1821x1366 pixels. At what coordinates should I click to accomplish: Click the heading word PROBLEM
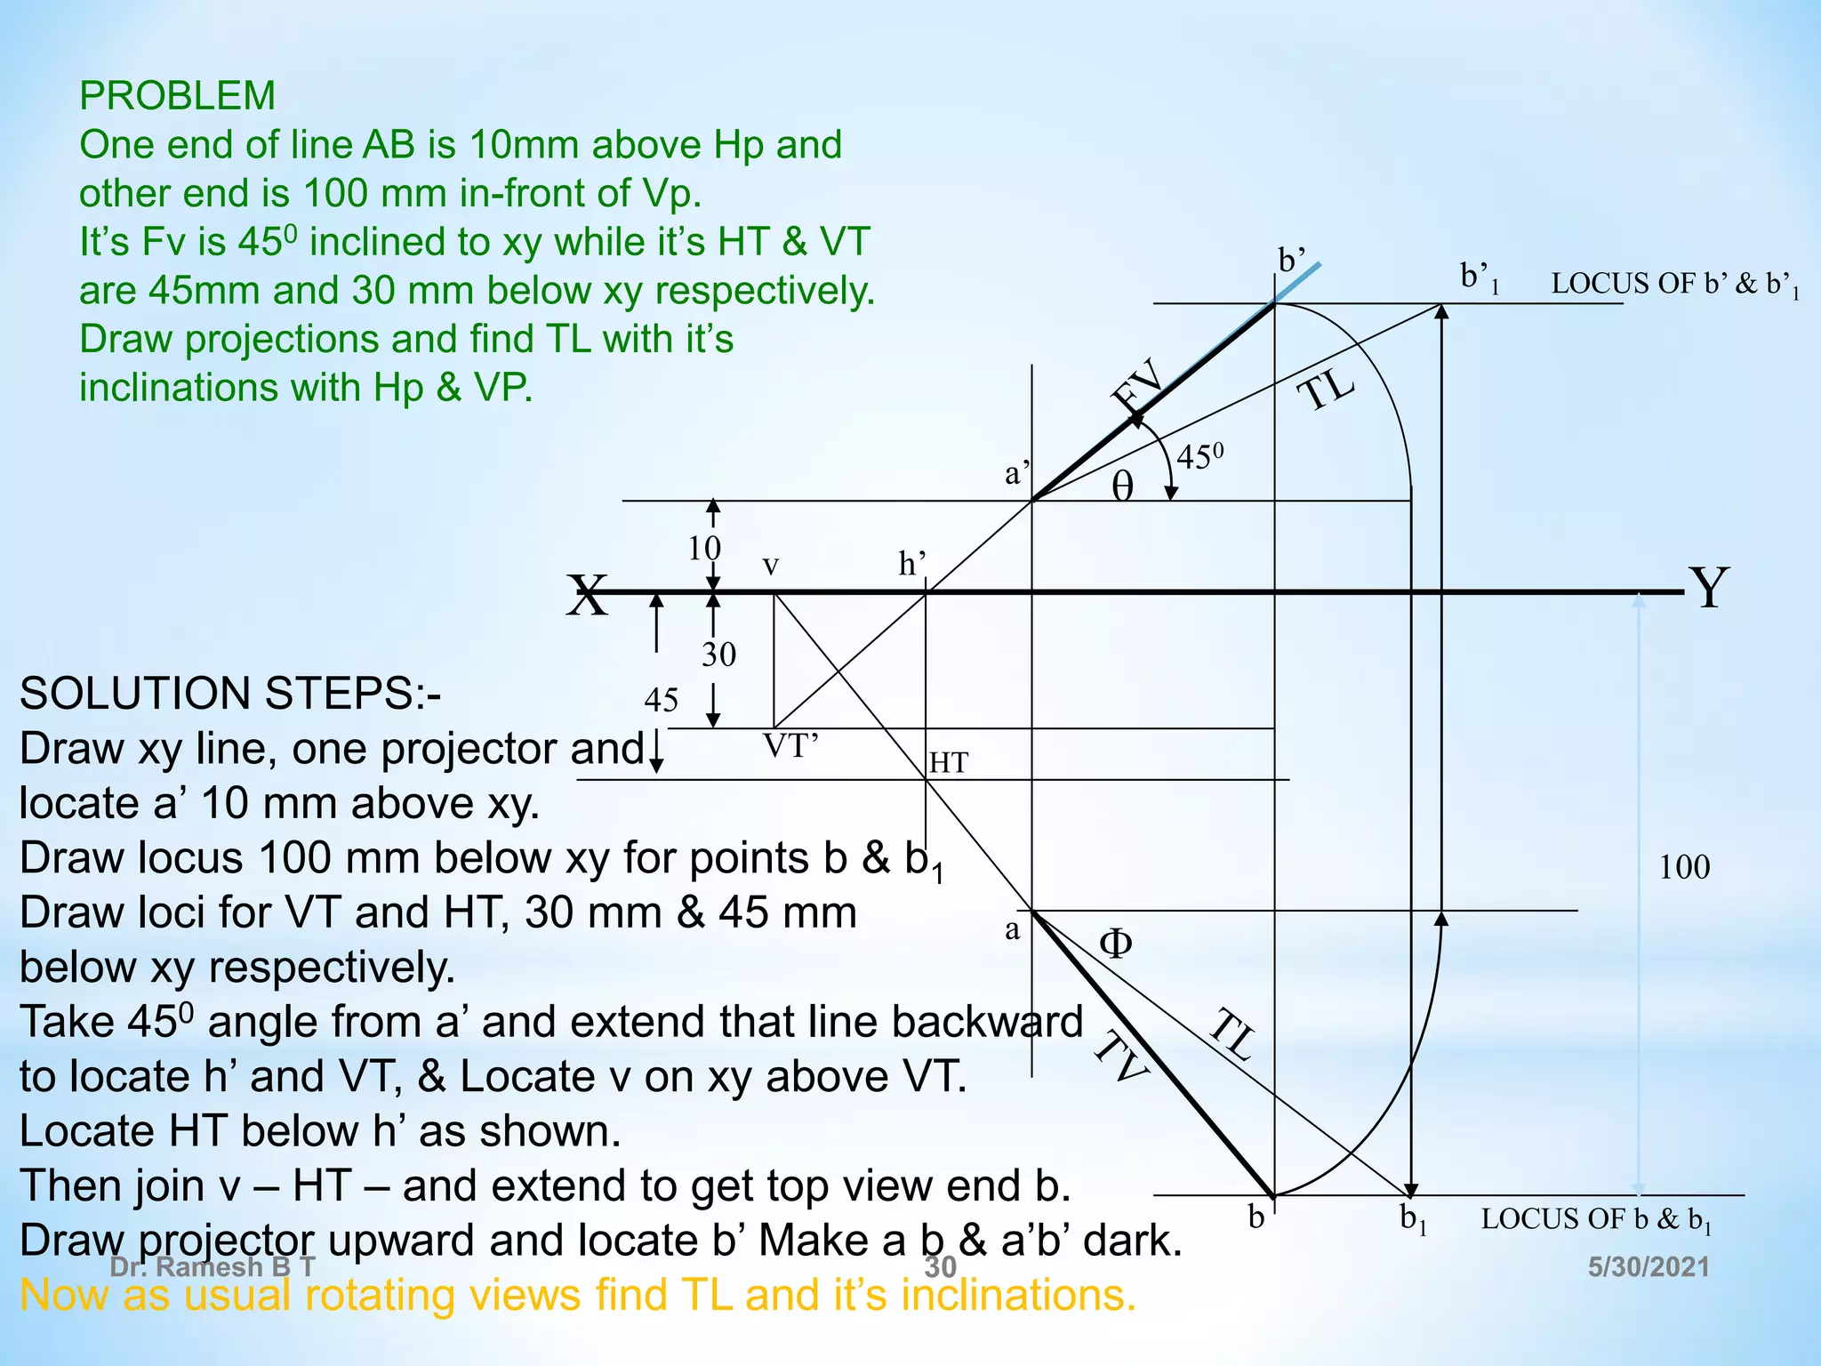[x=177, y=96]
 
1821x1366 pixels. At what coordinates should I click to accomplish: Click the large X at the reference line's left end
[x=588, y=595]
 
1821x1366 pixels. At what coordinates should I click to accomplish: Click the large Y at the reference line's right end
[x=1709, y=588]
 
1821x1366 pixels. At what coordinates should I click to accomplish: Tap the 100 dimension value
[x=1684, y=867]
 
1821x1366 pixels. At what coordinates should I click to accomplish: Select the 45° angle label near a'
[x=1199, y=457]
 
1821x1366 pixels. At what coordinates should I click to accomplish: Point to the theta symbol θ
[x=1123, y=486]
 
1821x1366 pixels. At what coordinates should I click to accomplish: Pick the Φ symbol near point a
[x=1116, y=944]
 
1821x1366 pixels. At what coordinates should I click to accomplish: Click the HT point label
[x=948, y=763]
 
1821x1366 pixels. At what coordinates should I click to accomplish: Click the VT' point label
[x=790, y=746]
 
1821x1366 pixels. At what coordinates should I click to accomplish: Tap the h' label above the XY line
[x=911, y=564]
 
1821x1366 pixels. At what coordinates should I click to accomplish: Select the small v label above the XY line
[x=771, y=566]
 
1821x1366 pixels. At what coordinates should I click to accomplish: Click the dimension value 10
[x=704, y=549]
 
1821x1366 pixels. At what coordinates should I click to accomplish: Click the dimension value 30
[x=718, y=655]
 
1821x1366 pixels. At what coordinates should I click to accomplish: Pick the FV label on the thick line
[x=1139, y=384]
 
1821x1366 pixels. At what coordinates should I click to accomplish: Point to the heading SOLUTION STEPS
[x=229, y=694]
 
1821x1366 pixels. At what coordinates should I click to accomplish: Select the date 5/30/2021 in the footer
[x=1649, y=1267]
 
